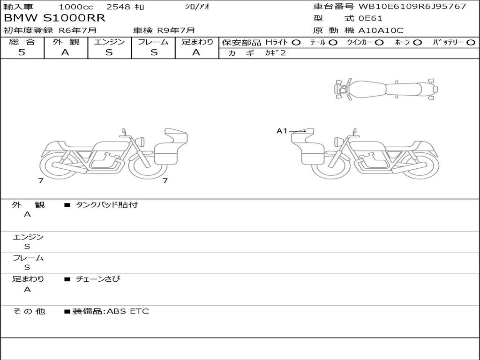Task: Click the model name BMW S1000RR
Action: [54, 18]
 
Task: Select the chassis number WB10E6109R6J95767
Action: [412, 7]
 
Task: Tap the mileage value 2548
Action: [118, 7]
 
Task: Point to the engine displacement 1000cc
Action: [76, 7]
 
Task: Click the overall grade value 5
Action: [22, 52]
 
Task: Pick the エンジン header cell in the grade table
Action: [109, 42]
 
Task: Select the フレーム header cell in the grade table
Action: [153, 42]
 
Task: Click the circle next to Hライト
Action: [296, 43]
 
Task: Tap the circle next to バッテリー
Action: [471, 43]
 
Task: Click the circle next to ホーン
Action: [417, 43]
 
